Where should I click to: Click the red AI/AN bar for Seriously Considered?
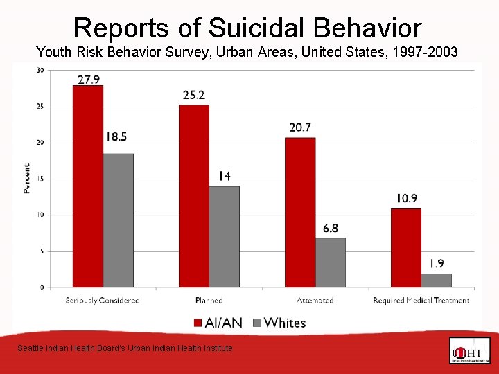tap(88, 186)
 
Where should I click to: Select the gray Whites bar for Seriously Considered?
tap(118, 220)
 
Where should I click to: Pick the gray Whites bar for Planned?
tap(224, 236)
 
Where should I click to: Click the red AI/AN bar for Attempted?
tap(300, 212)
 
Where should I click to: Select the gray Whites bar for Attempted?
tap(330, 262)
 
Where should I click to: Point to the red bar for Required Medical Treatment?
tap(405, 247)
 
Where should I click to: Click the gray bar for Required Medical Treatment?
tap(436, 280)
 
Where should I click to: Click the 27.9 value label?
tap(89, 80)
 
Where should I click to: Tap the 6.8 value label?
tap(331, 229)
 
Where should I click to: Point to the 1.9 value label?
tap(437, 264)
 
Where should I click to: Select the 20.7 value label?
tap(300, 127)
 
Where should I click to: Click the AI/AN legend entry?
tap(218, 322)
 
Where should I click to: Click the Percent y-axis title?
tap(27, 178)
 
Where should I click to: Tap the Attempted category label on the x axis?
tap(315, 300)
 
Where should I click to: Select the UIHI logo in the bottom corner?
tap(469, 350)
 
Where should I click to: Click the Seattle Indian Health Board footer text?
tap(125, 348)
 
